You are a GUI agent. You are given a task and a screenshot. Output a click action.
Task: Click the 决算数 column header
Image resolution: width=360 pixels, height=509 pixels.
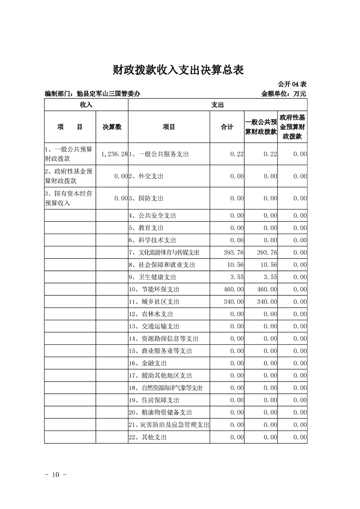click(x=112, y=127)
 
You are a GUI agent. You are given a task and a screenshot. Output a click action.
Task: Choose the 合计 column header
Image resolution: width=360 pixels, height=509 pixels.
click(x=227, y=127)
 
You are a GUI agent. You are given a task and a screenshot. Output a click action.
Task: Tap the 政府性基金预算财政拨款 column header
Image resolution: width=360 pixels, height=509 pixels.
click(x=292, y=127)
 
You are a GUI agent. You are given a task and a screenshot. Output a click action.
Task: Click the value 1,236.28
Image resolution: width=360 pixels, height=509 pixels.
click(x=113, y=154)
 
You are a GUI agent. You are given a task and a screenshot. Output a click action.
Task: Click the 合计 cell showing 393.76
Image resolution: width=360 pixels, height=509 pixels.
click(x=234, y=252)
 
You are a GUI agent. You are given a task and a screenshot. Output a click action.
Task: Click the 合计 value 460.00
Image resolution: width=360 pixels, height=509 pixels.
click(x=234, y=289)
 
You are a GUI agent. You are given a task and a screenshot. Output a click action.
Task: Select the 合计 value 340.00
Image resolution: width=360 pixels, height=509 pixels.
click(x=234, y=302)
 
